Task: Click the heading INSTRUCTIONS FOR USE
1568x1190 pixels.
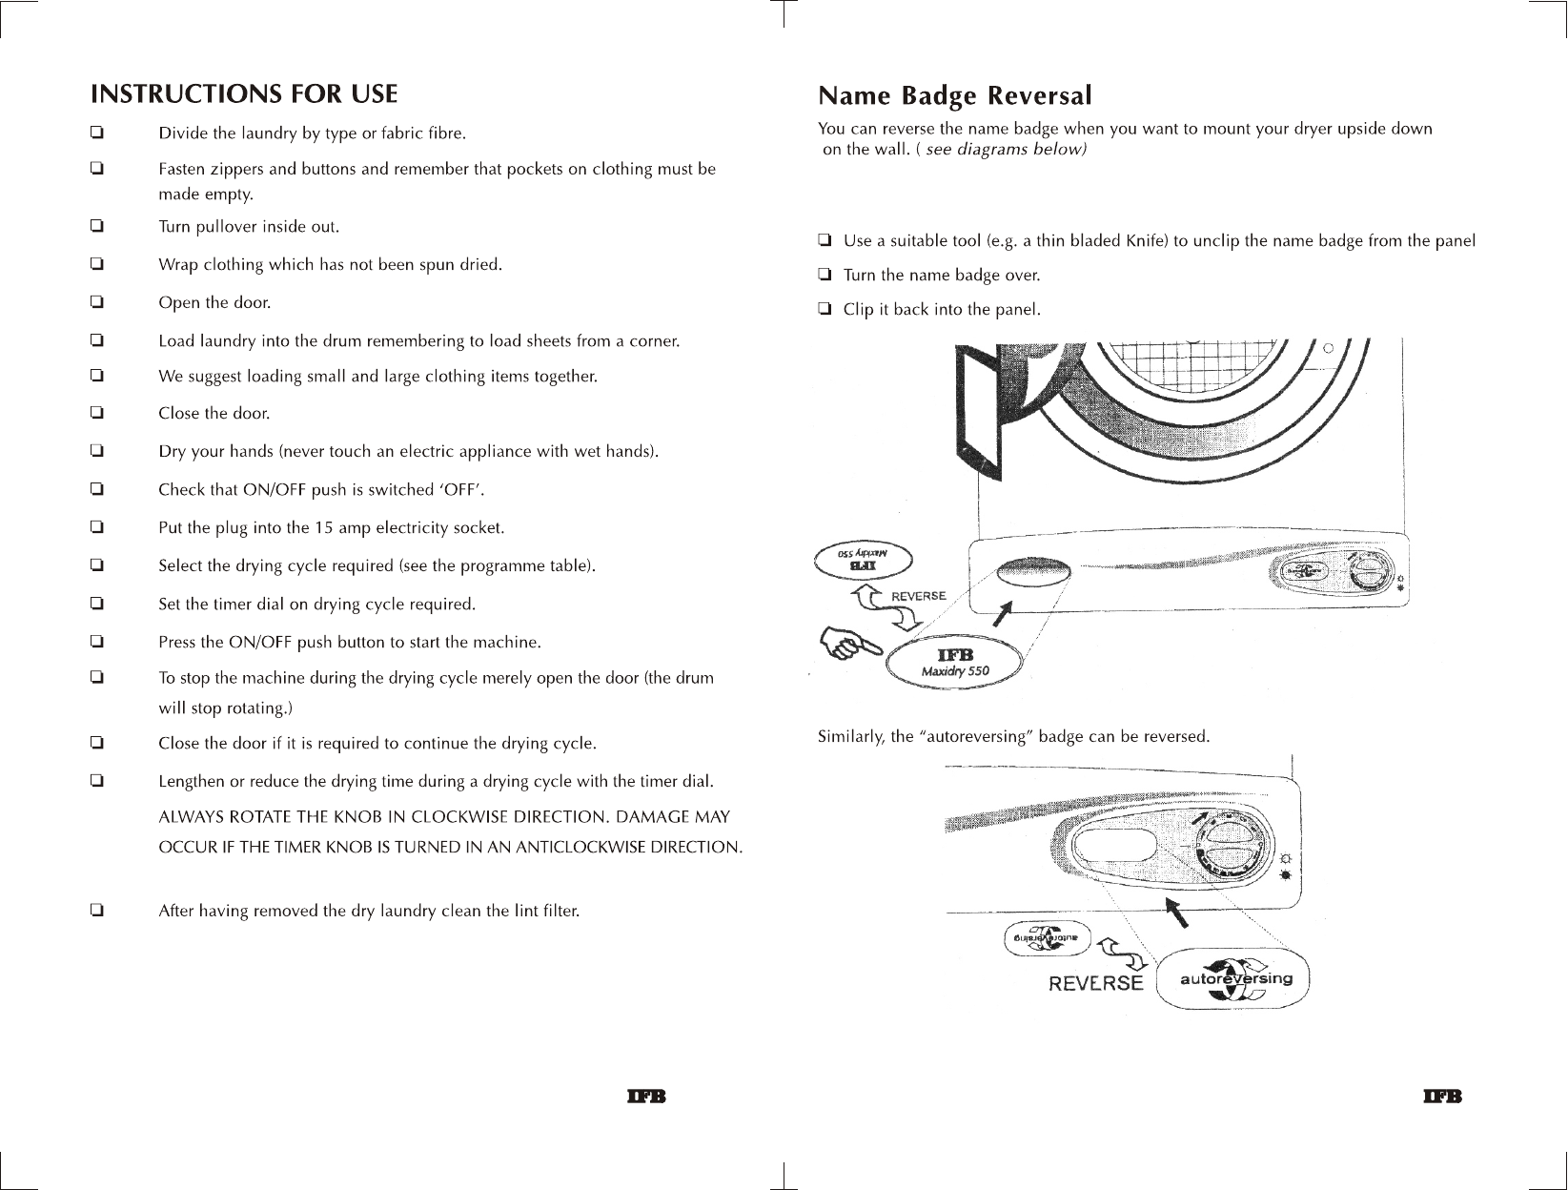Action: [243, 94]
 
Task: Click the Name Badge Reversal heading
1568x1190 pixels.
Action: [954, 96]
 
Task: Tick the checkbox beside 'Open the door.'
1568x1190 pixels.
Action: [96, 302]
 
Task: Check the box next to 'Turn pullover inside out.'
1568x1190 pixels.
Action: [96, 227]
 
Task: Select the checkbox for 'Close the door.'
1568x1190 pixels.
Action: [96, 413]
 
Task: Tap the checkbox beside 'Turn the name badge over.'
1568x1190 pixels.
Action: [825, 276]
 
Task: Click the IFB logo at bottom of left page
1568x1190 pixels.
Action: [644, 1097]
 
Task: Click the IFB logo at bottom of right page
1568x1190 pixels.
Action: [1442, 1097]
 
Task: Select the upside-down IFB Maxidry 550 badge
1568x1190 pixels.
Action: [863, 561]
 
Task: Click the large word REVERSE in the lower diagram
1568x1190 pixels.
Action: [1095, 983]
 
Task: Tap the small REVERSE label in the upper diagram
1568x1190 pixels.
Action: [918, 596]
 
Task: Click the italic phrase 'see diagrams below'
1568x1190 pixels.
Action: [1006, 151]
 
